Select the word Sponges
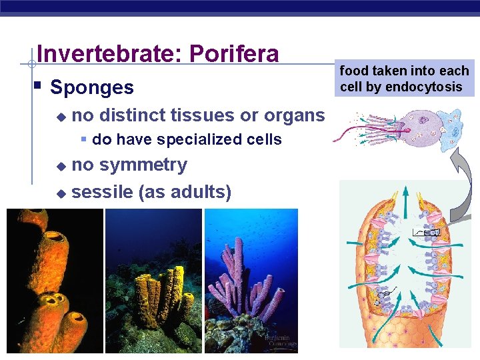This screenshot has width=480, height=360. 92,87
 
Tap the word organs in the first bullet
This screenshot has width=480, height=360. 294,115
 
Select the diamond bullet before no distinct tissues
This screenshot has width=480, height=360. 61,116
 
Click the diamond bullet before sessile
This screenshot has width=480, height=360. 61,193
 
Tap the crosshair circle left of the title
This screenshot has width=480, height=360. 31,65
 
